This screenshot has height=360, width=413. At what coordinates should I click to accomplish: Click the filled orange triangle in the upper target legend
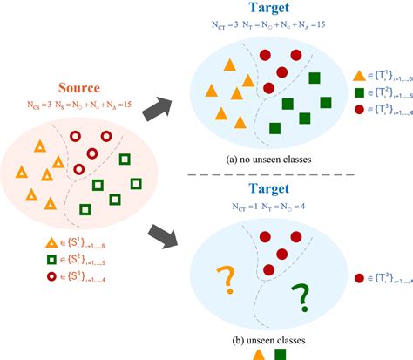coord(361,77)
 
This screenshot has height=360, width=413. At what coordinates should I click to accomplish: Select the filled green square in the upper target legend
coord(361,92)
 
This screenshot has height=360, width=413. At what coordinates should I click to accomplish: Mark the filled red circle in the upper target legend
coord(361,110)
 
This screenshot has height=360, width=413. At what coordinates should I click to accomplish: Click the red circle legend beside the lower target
coord(360,279)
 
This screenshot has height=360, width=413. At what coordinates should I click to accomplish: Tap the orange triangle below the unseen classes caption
coord(258,354)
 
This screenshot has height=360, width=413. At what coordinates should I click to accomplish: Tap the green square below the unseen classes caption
coord(281,354)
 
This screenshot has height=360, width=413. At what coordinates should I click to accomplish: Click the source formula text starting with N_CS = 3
coord(83,105)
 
